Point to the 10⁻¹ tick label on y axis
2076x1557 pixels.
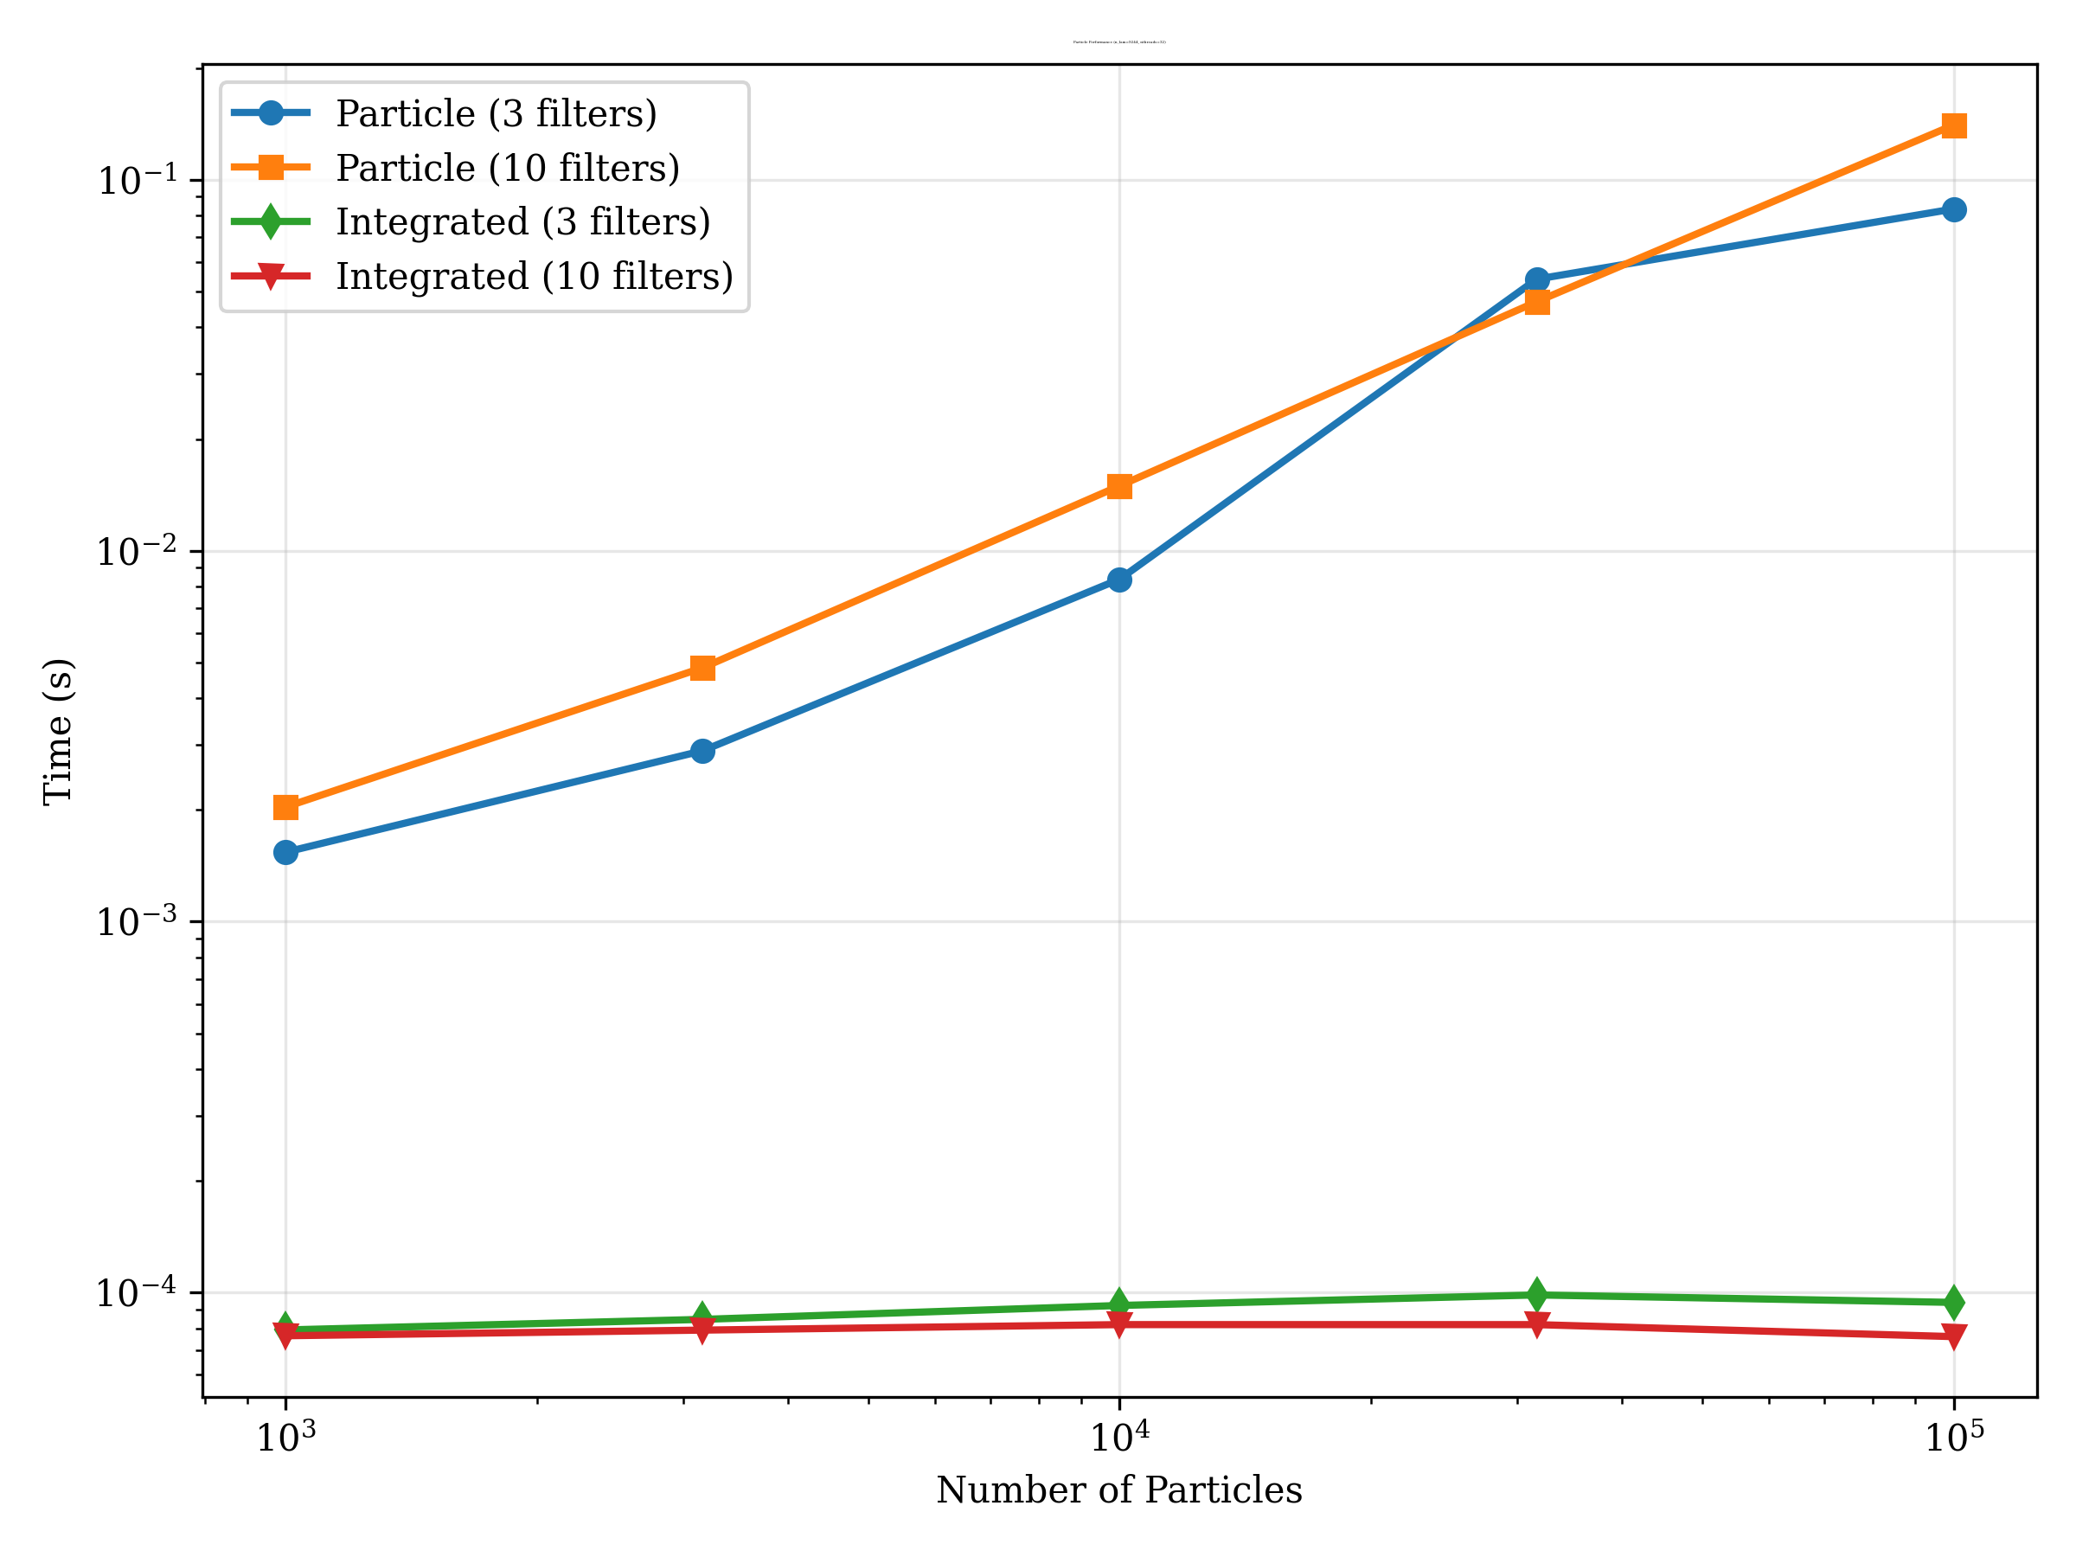(x=136, y=179)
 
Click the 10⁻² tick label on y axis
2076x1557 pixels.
(x=136, y=550)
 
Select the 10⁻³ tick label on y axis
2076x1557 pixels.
(x=136, y=920)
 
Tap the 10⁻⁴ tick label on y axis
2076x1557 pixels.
(x=136, y=1291)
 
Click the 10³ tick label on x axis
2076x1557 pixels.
(x=286, y=1436)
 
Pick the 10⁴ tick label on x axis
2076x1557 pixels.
(x=1118, y=1436)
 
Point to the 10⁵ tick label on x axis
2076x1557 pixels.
(x=1954, y=1436)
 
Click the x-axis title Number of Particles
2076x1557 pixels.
(x=1118, y=1490)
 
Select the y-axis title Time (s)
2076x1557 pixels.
(x=58, y=731)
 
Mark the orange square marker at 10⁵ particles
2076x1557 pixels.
(x=1954, y=125)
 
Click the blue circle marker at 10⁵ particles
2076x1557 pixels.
(x=1954, y=209)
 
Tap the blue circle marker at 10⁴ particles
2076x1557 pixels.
(x=1118, y=580)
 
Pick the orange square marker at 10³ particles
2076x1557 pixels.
(x=286, y=807)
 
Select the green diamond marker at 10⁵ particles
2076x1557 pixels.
(x=1954, y=1303)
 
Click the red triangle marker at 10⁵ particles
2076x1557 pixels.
(x=1954, y=1335)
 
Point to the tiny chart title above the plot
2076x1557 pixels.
(x=1118, y=42)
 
